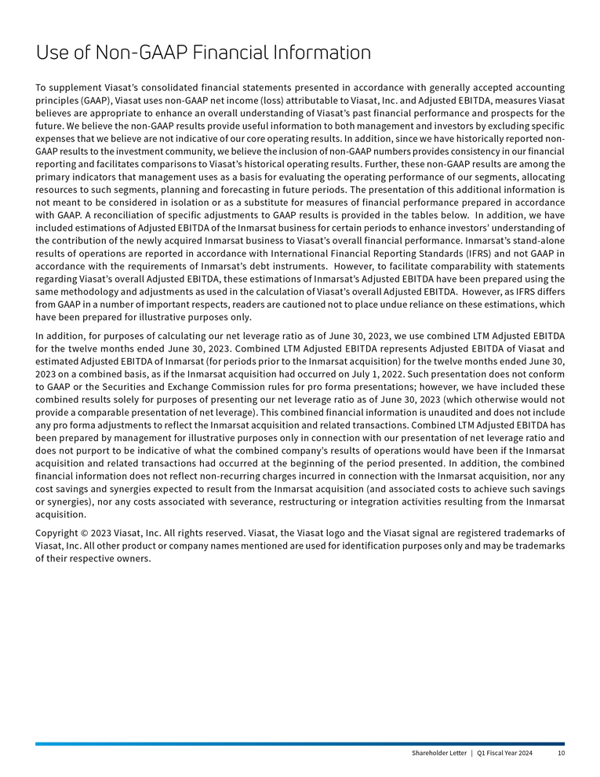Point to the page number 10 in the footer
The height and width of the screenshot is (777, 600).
pos(560,754)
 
